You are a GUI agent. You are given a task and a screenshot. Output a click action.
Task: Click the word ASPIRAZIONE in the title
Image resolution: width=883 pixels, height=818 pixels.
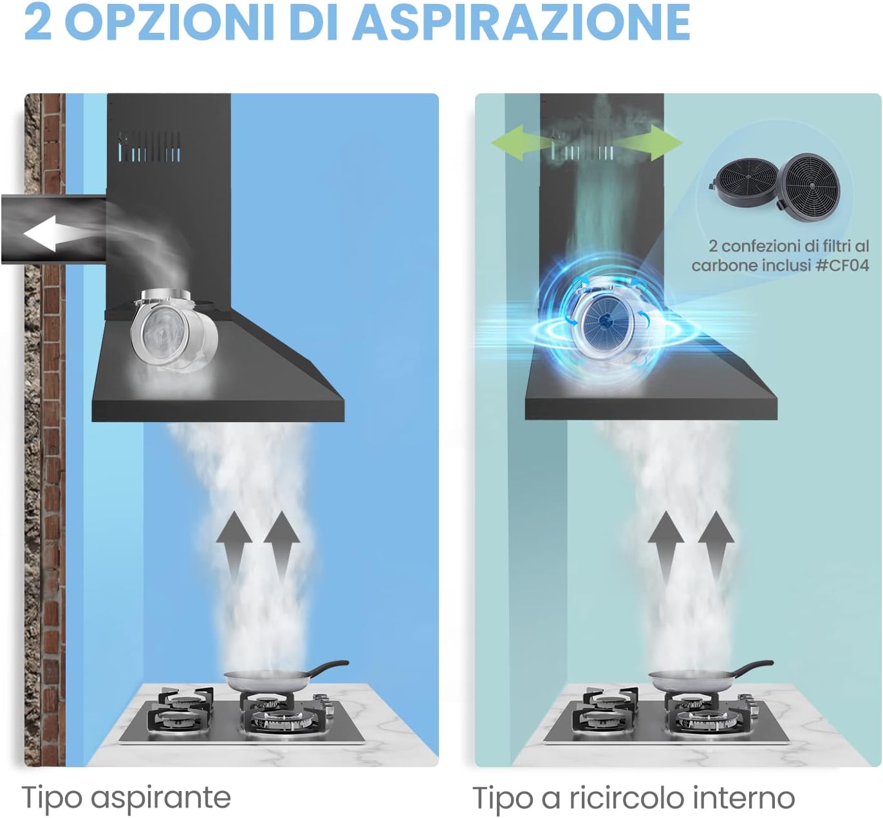coord(521,22)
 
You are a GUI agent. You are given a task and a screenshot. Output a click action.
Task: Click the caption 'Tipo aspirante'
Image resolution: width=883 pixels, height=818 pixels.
coord(126,797)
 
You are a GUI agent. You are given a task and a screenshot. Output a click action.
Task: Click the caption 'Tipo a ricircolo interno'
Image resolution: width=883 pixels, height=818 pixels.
coord(634,797)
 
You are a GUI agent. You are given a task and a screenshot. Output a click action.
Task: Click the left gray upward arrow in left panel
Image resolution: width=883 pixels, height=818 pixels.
coord(234,547)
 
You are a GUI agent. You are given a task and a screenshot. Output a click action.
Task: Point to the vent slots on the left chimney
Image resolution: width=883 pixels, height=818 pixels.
coord(150,147)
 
